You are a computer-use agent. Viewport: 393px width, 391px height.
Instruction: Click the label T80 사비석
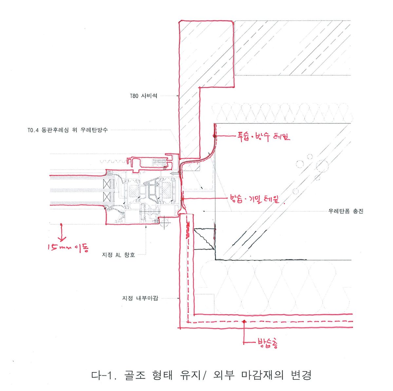(143, 96)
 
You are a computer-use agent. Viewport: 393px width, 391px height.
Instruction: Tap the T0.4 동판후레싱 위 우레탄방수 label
(67, 130)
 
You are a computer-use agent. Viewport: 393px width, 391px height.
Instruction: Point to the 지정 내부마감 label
(140, 298)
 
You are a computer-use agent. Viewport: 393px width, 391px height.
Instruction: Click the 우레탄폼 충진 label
(346, 211)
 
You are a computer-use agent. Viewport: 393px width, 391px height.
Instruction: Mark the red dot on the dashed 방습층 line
(244, 322)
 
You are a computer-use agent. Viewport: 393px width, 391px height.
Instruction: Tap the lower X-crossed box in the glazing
(107, 197)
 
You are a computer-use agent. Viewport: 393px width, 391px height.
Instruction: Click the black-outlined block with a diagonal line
(203, 239)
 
